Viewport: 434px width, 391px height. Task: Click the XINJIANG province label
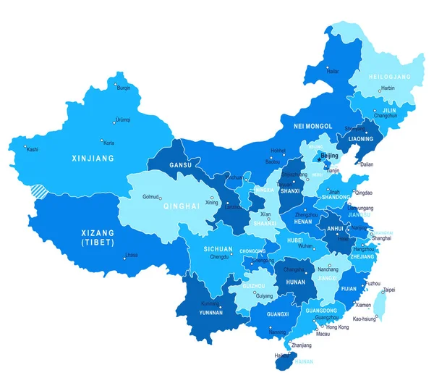(x=89, y=157)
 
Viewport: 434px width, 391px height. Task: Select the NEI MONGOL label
(x=312, y=126)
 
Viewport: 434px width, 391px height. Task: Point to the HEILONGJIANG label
(x=391, y=76)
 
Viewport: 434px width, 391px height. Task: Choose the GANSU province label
(x=180, y=165)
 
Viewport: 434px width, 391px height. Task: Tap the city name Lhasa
(x=131, y=255)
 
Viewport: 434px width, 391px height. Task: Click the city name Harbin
(x=388, y=88)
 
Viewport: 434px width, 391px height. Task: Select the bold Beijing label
(x=329, y=155)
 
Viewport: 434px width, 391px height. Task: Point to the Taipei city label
(x=389, y=290)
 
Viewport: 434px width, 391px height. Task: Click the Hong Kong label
(x=338, y=327)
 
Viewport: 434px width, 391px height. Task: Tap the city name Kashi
(x=32, y=149)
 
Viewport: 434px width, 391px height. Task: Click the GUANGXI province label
(x=278, y=315)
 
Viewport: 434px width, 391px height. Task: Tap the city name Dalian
(x=367, y=164)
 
